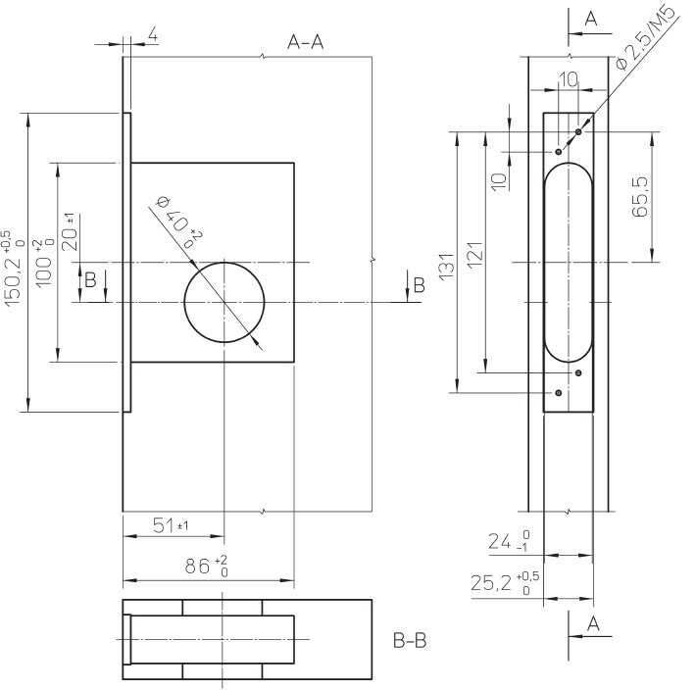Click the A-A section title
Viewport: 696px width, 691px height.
click(x=305, y=42)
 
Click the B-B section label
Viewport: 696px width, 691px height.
click(x=409, y=642)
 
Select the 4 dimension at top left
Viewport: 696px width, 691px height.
click(x=152, y=35)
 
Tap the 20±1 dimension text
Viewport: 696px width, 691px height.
click(x=70, y=232)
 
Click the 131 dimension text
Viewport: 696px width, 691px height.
click(x=446, y=265)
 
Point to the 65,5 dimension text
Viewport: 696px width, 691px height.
click(x=642, y=196)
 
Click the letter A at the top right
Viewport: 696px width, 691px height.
click(x=590, y=18)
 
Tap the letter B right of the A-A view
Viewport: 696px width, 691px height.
click(x=419, y=285)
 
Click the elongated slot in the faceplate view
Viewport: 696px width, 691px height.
click(x=568, y=263)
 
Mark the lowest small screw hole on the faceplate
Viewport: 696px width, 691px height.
click(x=558, y=393)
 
